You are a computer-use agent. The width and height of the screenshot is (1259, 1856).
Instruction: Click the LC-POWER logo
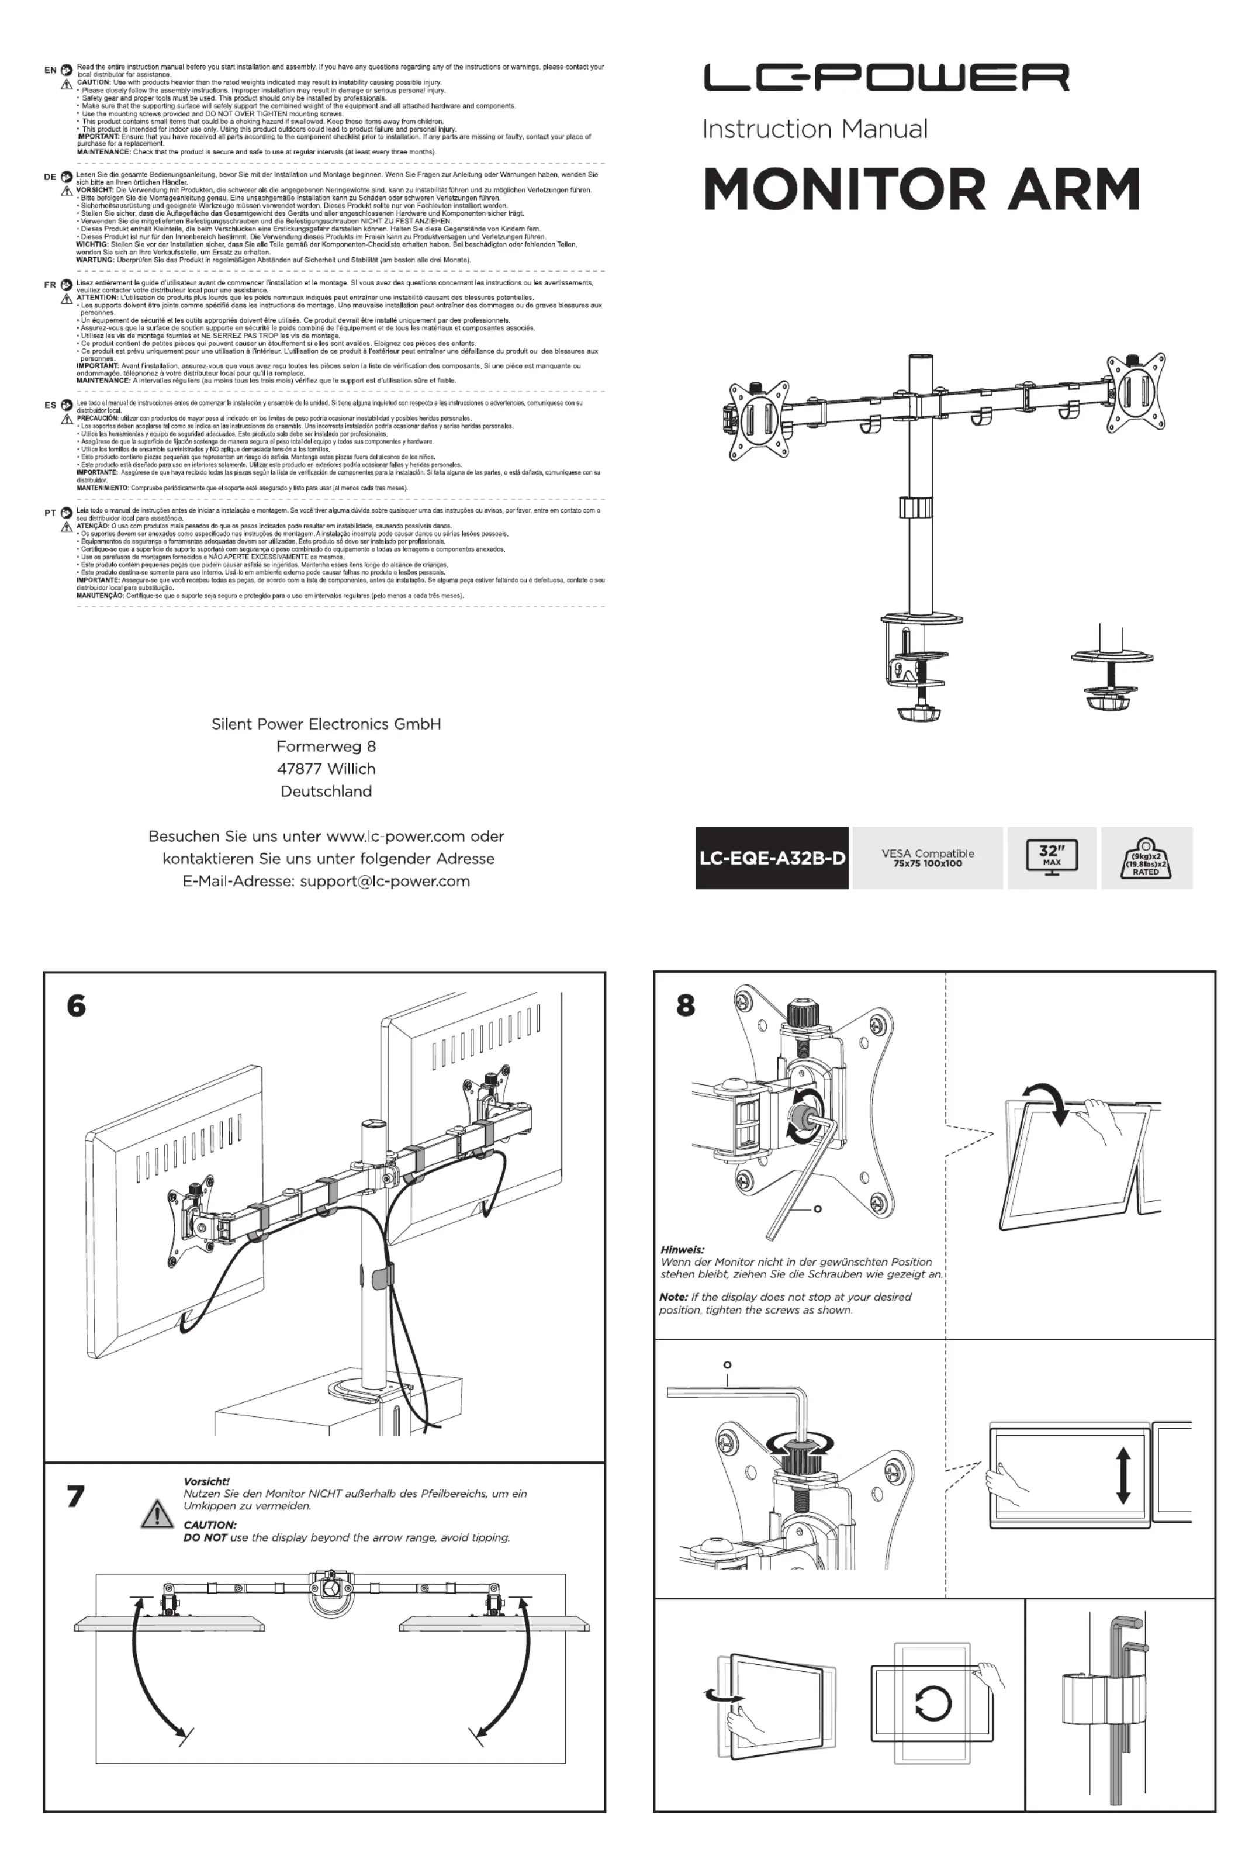pos(886,78)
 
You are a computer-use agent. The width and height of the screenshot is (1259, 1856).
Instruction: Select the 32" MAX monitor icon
pos(1052,857)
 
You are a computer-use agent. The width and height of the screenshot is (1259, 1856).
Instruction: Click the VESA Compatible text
pos(928,853)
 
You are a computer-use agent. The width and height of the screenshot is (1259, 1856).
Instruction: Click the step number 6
pos(76,1005)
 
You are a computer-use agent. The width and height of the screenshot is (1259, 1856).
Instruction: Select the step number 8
pos(685,1005)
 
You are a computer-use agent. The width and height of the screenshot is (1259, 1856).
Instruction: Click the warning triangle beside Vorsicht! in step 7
pos(157,1513)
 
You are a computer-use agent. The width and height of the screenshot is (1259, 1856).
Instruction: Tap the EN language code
pos(50,70)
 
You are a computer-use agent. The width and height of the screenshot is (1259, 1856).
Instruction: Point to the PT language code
pos(50,513)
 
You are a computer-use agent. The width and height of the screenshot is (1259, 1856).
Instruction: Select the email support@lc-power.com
pos(384,881)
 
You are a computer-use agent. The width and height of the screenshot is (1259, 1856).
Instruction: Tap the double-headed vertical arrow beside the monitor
pos(1123,1477)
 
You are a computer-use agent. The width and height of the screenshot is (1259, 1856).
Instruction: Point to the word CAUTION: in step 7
pos(209,1525)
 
